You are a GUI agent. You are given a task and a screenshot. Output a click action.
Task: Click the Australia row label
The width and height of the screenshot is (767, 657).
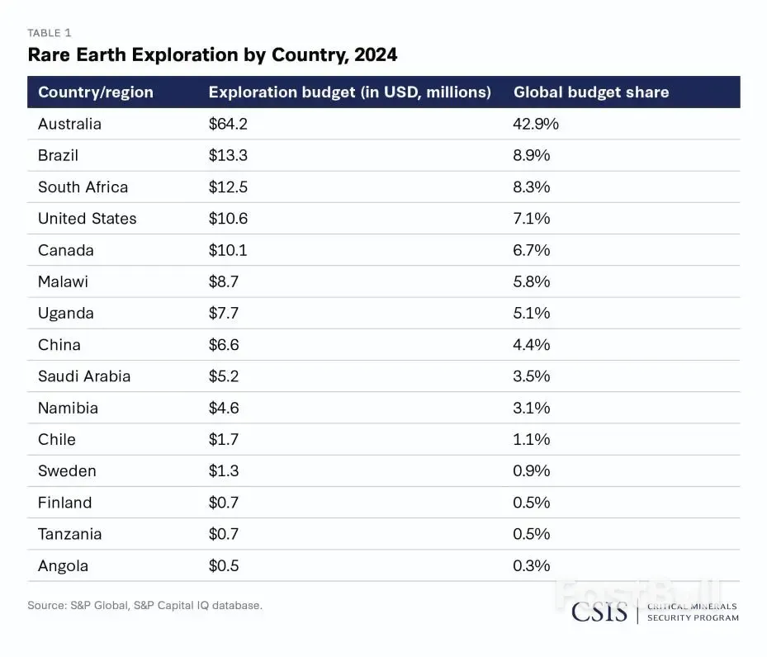pyautogui.click(x=69, y=124)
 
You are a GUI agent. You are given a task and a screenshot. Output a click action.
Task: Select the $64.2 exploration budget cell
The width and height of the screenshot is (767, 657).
pyautogui.click(x=228, y=124)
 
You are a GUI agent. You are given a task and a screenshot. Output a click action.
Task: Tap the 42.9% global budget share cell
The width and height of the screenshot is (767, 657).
pyautogui.click(x=536, y=124)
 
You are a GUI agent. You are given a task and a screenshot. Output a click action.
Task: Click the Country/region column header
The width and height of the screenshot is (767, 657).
pyautogui.click(x=96, y=92)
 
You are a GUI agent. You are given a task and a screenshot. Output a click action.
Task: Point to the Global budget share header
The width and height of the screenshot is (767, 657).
pyautogui.click(x=591, y=92)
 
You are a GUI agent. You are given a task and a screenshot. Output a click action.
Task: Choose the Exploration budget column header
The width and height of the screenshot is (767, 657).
pyautogui.click(x=349, y=92)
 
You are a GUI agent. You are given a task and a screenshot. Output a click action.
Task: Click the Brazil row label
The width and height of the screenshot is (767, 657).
pyautogui.click(x=58, y=155)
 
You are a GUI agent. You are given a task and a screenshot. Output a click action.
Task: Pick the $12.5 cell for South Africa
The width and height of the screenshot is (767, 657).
pyautogui.click(x=228, y=187)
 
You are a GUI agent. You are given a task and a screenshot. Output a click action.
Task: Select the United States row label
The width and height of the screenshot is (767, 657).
pyautogui.click(x=87, y=219)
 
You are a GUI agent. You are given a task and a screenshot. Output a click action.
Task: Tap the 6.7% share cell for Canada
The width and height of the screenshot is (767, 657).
pyautogui.click(x=532, y=250)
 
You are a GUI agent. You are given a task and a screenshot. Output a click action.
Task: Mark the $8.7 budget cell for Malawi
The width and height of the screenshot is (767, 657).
pyautogui.click(x=224, y=281)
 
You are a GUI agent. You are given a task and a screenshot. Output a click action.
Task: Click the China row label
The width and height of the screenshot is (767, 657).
pyautogui.click(x=59, y=345)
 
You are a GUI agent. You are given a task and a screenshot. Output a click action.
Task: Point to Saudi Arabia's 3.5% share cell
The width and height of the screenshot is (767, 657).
pyautogui.click(x=532, y=376)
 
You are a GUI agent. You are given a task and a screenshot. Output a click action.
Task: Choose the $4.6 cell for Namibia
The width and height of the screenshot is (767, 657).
pyautogui.click(x=224, y=408)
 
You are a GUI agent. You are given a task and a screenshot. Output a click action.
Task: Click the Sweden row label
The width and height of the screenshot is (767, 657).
pyautogui.click(x=67, y=471)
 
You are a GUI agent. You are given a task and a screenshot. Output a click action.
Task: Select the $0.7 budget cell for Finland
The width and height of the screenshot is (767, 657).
pyautogui.click(x=224, y=503)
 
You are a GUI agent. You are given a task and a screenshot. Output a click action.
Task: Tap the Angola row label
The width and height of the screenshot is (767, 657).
pyautogui.click(x=63, y=566)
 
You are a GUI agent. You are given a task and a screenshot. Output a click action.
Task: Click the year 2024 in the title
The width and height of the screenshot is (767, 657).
pyautogui.click(x=372, y=55)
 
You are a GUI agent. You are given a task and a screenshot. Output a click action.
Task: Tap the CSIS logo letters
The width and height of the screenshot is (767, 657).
pyautogui.click(x=599, y=612)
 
